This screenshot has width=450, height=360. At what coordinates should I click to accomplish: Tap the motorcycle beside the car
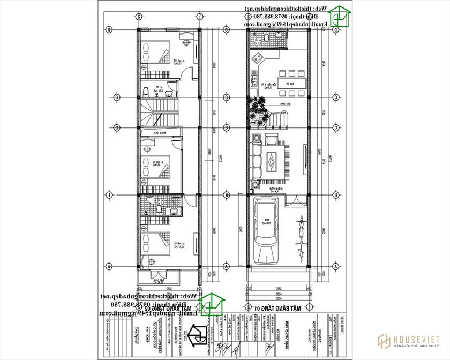click(299, 230)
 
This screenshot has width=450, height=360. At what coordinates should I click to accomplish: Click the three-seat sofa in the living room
click(256, 159)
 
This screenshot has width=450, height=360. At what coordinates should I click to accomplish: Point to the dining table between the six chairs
click(290, 83)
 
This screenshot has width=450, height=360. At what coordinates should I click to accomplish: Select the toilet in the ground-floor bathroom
click(266, 39)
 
